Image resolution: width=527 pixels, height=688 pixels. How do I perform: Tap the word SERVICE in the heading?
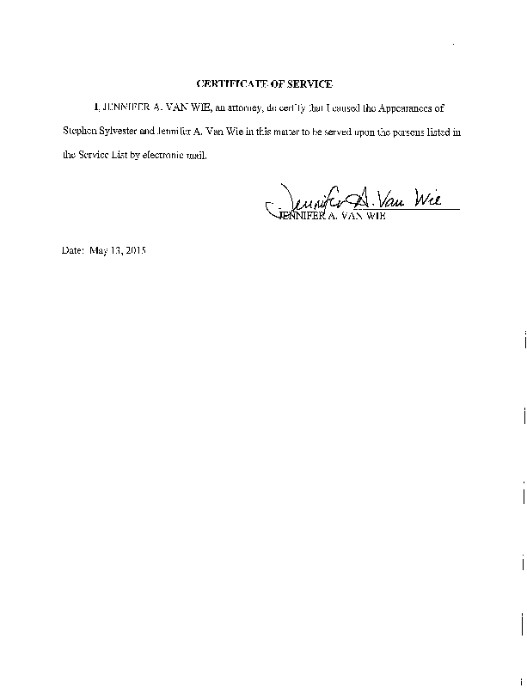pyautogui.click(x=310, y=83)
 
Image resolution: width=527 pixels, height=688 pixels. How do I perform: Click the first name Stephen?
pyautogui.click(x=80, y=132)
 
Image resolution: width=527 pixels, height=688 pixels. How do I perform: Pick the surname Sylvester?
pyautogui.click(x=123, y=132)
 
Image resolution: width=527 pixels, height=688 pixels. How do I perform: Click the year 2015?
pyautogui.click(x=135, y=251)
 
